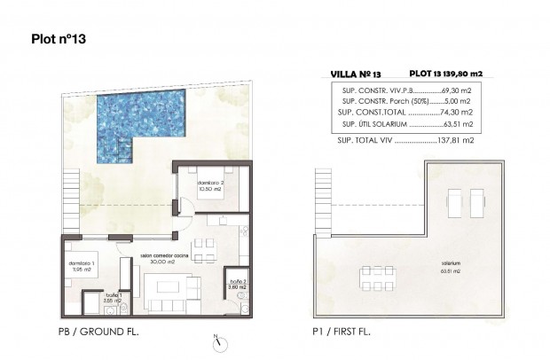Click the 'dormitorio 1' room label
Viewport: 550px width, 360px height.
tap(82, 265)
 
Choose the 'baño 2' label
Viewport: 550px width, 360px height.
tap(238, 284)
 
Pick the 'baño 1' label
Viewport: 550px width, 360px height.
tap(113, 297)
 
